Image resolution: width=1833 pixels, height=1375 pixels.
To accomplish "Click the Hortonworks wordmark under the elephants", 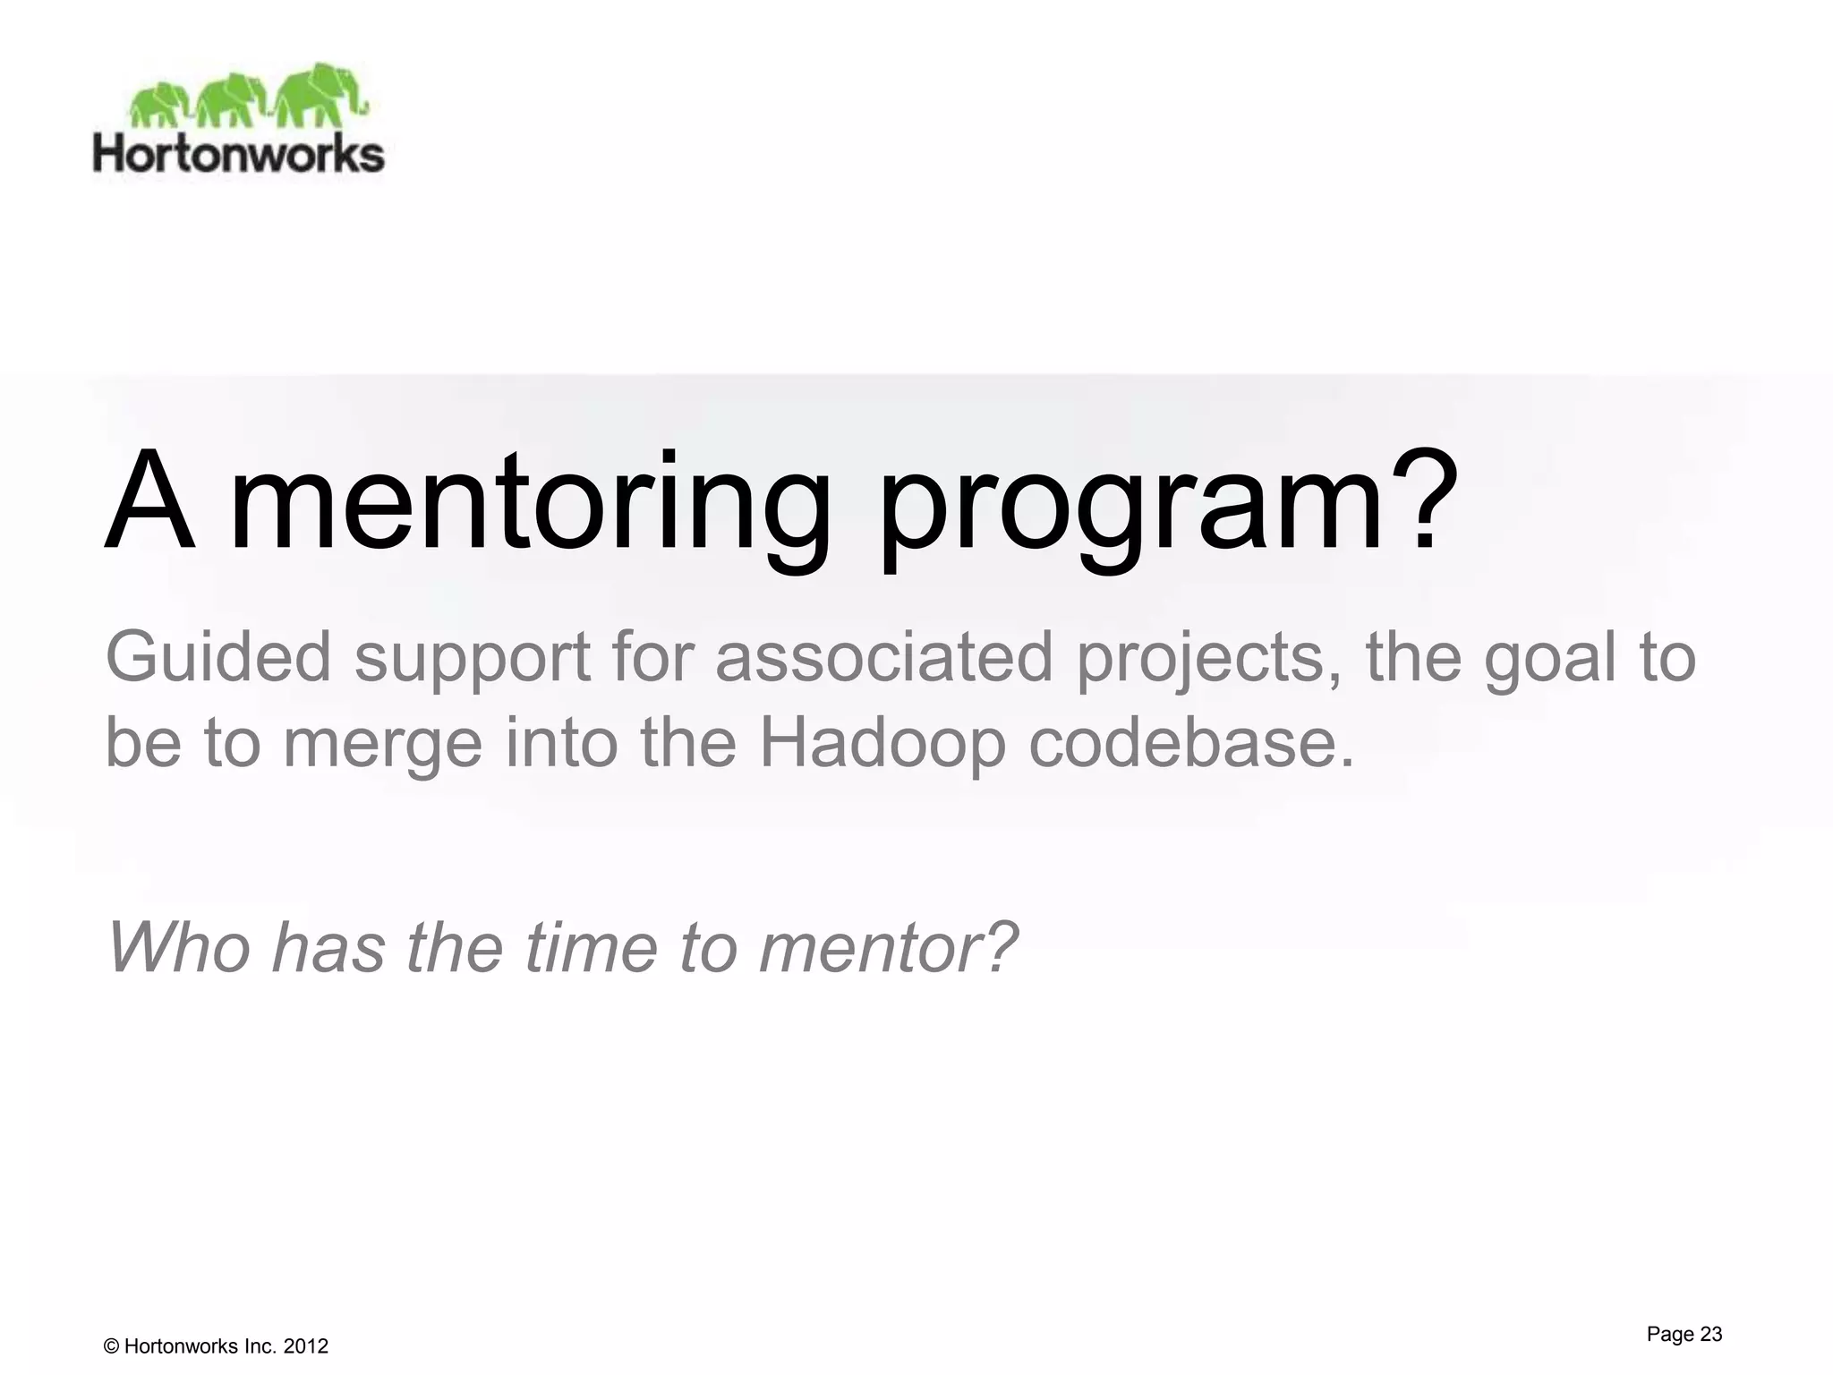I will pos(238,154).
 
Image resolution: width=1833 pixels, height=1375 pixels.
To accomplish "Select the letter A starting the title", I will pos(149,503).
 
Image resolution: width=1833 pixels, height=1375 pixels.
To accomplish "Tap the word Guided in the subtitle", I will pos(218,658).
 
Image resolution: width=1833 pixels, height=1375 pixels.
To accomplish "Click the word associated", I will pos(884,658).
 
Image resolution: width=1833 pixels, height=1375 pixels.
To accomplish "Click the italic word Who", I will pos(179,947).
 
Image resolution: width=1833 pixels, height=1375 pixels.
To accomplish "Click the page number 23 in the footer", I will pos(1710,1334).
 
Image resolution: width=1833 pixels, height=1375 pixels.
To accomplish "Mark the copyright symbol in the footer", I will pos(112,1346).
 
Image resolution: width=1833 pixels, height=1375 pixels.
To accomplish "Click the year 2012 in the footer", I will pos(305,1346).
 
